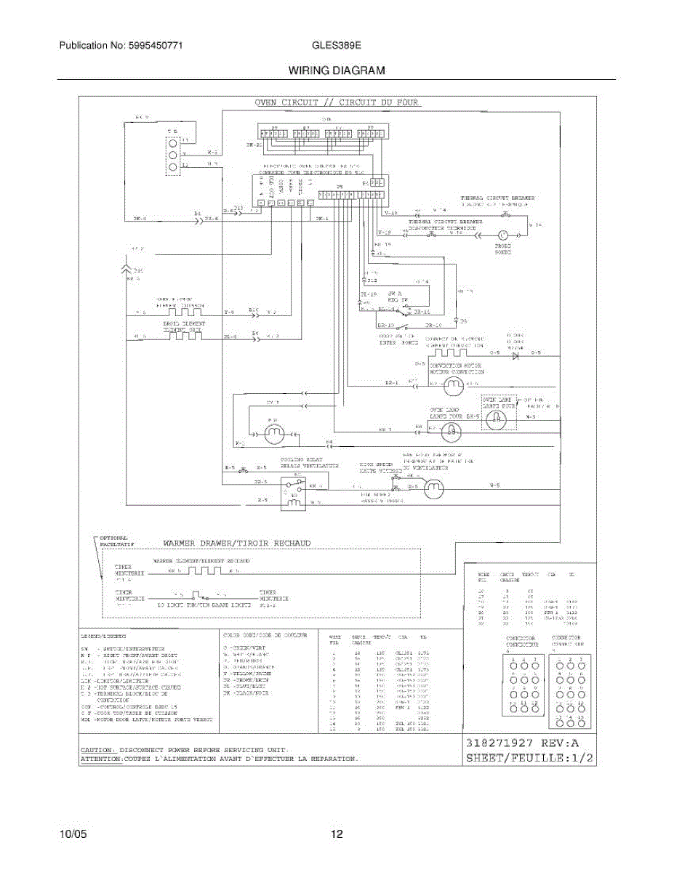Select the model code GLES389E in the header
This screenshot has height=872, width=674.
(337, 46)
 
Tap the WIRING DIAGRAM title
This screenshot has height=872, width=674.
(337, 71)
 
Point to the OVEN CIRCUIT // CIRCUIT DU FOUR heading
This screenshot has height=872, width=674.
(337, 102)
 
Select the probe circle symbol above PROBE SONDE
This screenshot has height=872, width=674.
(502, 235)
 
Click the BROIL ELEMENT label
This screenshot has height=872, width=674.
(183, 323)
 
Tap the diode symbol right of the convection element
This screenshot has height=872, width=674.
(515, 354)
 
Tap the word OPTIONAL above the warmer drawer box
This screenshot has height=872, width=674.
(113, 538)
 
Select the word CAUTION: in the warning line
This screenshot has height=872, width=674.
(97, 749)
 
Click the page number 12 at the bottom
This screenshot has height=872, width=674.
(337, 834)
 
